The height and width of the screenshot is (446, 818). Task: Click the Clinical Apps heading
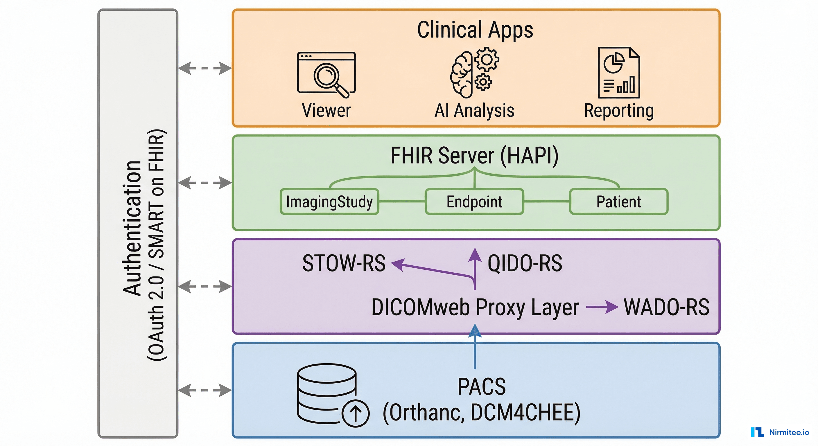[x=475, y=30]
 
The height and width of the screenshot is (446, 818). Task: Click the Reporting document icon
[x=618, y=73]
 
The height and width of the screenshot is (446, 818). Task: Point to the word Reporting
[x=618, y=111]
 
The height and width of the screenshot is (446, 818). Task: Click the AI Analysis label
[x=474, y=111]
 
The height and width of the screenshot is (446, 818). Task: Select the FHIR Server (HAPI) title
[x=474, y=156]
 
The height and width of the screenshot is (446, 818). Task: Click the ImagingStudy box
[x=329, y=202]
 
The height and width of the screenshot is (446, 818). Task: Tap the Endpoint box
[x=474, y=202]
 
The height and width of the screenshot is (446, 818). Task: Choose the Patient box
[x=618, y=202]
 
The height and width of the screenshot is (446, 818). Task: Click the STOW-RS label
[x=344, y=263]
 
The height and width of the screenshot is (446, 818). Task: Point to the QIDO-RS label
[x=525, y=263]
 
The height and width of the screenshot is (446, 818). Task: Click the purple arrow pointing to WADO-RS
[x=602, y=307]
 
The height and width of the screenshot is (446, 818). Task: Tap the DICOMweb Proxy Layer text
[x=475, y=307]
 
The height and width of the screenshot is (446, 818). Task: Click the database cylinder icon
[x=327, y=394]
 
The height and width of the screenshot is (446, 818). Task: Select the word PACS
[x=481, y=387]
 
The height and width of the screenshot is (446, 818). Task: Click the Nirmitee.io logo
[x=780, y=432]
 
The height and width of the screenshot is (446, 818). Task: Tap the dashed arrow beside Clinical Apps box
[x=205, y=68]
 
